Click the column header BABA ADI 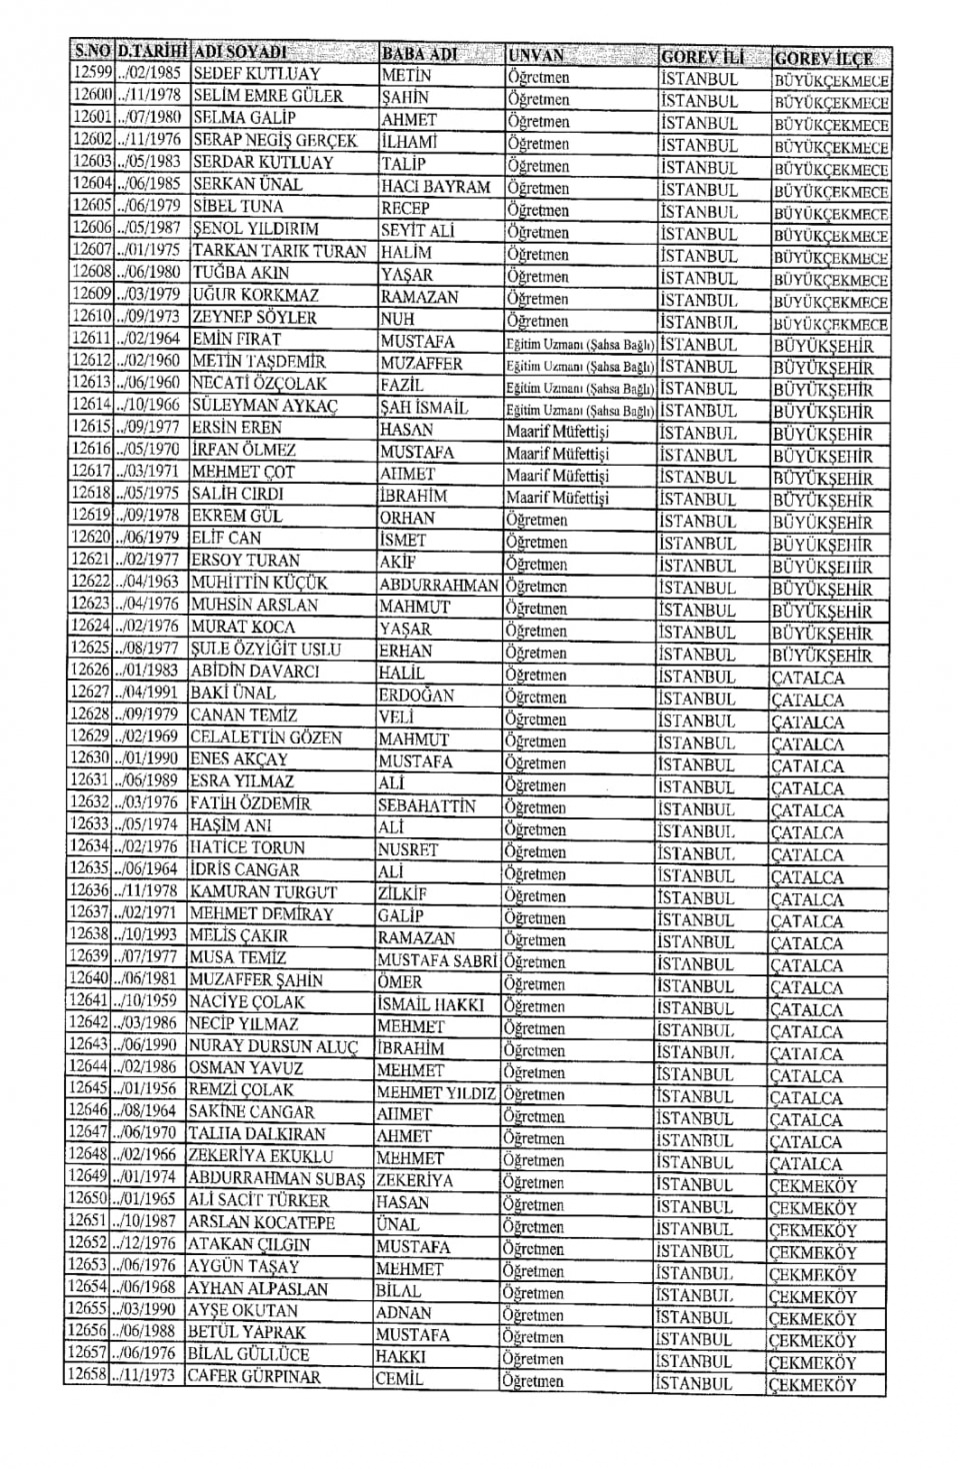point(419,54)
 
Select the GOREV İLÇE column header point(822,58)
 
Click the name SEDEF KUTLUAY point(256,74)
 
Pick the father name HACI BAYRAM point(435,187)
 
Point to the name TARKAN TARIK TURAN point(279,251)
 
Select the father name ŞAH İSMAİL point(424,408)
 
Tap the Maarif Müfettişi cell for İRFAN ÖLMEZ point(557,454)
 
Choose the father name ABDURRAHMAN point(438,586)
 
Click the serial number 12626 point(91,671)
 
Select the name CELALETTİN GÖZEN point(266,737)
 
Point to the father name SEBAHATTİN point(427,805)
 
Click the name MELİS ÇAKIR point(239,936)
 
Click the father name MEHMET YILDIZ point(436,1092)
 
